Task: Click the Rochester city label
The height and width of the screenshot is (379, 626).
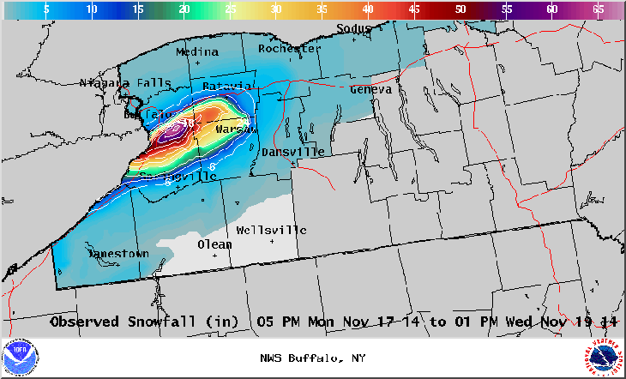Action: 289,49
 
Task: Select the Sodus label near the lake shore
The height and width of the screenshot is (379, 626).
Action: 354,28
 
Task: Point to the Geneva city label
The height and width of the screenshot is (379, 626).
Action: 370,89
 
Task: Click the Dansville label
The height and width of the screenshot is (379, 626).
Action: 292,152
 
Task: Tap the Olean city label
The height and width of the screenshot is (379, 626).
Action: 214,244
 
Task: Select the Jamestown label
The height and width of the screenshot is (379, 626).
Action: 118,254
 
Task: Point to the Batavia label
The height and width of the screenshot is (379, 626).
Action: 226,86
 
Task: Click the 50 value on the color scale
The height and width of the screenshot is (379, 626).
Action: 460,9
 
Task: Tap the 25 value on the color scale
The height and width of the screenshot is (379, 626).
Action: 229,9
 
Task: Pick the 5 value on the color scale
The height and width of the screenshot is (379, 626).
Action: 45,9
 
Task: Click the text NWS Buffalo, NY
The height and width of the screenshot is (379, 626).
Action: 312,358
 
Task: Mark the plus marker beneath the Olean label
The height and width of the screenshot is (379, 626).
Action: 215,256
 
